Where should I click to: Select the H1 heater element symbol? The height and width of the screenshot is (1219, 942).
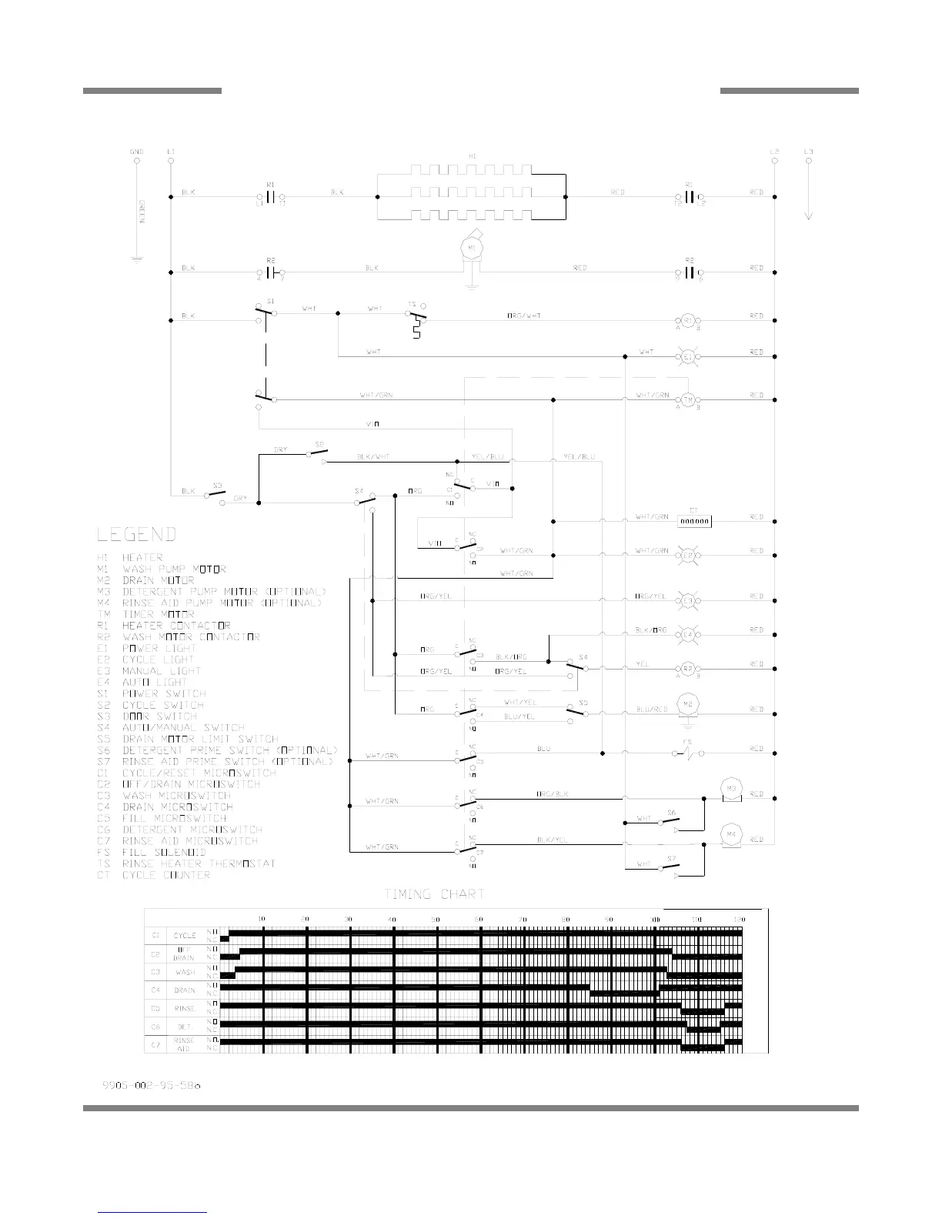(471, 196)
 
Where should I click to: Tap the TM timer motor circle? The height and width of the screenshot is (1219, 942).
(687, 399)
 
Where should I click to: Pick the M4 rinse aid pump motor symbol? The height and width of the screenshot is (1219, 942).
(729, 833)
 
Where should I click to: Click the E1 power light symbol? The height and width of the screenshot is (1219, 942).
(687, 356)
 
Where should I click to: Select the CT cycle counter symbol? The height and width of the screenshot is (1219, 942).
(694, 522)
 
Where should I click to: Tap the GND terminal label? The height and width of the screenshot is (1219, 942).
(136, 152)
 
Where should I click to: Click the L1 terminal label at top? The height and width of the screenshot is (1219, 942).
(170, 152)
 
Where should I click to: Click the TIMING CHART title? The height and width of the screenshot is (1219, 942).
(435, 894)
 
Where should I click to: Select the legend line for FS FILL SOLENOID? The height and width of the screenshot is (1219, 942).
(152, 853)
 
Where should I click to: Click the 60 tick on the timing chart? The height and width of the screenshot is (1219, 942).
(479, 920)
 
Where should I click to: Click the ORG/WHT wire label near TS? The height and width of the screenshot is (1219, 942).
(523, 316)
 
